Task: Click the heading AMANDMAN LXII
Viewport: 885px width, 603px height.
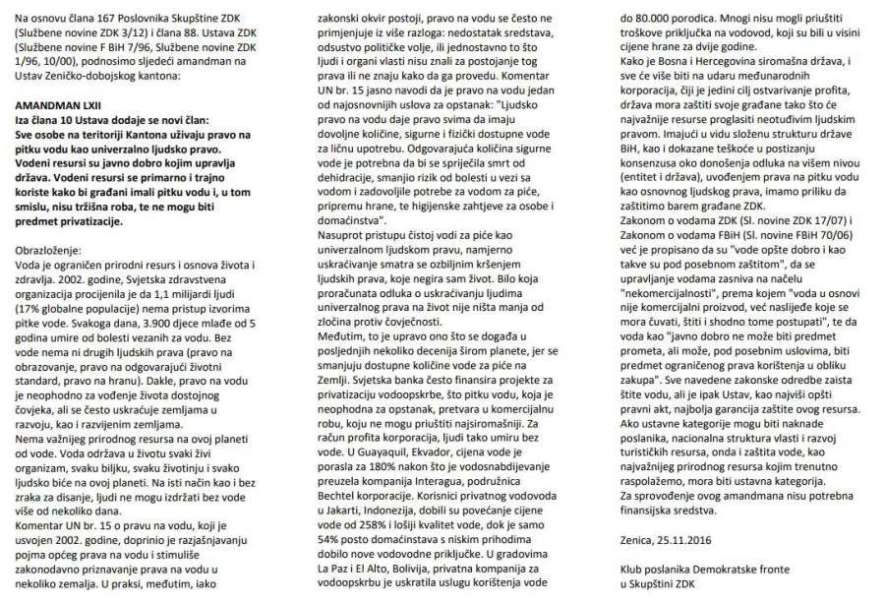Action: (60, 101)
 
